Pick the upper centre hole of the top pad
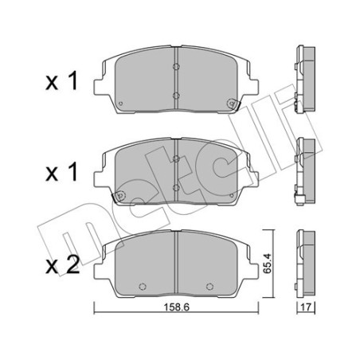(175, 65)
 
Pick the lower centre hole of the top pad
(175, 95)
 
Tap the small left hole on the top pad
(120, 104)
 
